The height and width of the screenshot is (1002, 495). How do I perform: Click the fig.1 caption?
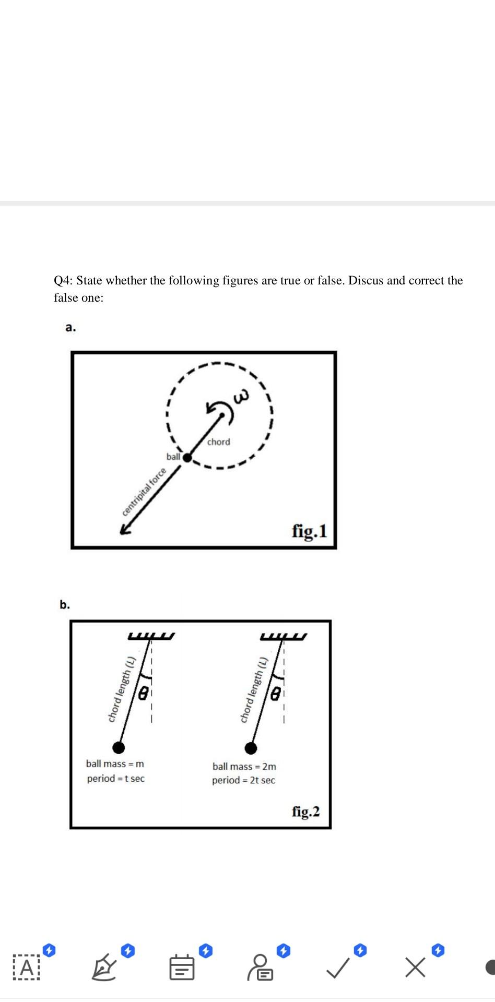(x=309, y=531)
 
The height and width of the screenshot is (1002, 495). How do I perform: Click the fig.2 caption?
(x=305, y=812)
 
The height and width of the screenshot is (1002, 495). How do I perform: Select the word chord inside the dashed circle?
(x=218, y=442)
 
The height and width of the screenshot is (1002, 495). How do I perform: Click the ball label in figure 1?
(x=173, y=457)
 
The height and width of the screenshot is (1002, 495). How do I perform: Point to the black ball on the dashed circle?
(x=187, y=458)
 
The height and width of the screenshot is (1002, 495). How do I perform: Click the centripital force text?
(x=144, y=492)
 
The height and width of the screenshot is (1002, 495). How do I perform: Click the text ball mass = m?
(x=115, y=764)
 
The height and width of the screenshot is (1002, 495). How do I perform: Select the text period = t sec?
(x=116, y=779)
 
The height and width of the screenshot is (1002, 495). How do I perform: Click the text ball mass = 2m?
(x=244, y=767)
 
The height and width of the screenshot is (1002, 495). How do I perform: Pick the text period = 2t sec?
(x=243, y=780)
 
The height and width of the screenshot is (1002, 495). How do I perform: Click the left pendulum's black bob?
(x=119, y=747)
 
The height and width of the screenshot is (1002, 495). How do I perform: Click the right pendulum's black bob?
(x=251, y=748)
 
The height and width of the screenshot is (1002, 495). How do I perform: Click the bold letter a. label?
(x=70, y=328)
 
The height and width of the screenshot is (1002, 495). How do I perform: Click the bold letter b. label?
(x=64, y=605)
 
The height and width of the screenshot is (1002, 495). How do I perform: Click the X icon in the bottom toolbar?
(x=415, y=968)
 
